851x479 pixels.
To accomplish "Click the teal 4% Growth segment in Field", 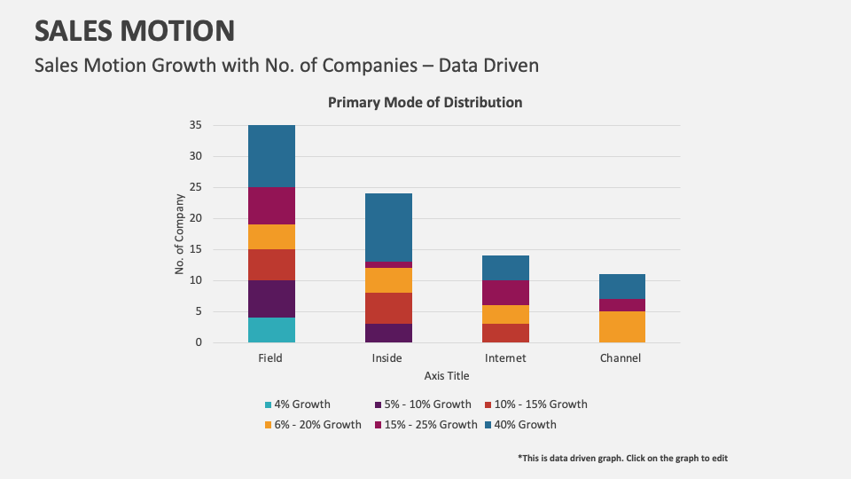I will click(x=271, y=329).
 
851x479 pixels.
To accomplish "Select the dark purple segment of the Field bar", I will click(x=271, y=298).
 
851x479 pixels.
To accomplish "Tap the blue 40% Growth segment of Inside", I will click(x=388, y=227).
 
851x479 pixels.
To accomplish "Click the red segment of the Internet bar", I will click(x=505, y=333).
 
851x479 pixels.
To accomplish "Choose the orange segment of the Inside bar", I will click(x=388, y=280).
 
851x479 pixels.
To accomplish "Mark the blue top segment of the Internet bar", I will click(x=505, y=268).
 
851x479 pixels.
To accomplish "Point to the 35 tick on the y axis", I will click(x=195, y=125).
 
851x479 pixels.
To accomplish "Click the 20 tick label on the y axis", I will click(x=195, y=218).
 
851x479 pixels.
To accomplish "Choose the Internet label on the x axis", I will click(x=505, y=358).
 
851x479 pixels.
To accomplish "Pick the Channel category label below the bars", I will click(x=621, y=358).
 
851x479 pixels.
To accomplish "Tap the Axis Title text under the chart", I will click(x=447, y=376).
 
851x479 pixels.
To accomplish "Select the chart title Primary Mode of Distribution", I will click(x=425, y=102).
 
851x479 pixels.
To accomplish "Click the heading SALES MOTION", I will click(x=135, y=31).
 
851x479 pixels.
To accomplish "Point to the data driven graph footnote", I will click(x=622, y=458).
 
